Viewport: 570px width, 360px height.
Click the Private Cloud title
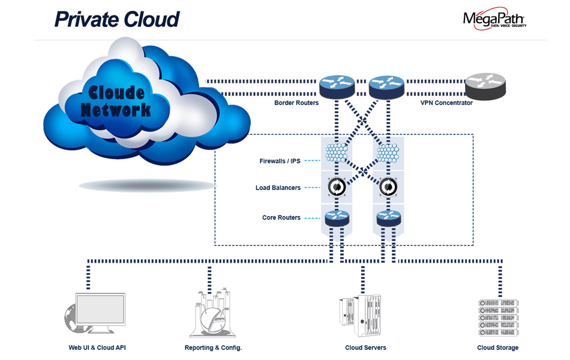(117, 19)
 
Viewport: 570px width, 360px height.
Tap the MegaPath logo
(494, 19)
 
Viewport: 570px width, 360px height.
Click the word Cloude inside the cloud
(116, 92)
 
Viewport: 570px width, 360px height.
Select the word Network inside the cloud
(116, 110)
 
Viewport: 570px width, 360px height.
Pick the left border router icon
(337, 86)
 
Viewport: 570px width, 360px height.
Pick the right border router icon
(386, 86)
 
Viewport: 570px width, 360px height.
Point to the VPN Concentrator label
(446, 103)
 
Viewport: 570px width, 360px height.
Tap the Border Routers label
(296, 103)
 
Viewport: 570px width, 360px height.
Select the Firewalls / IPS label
(280, 161)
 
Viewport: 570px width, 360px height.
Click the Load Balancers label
(278, 188)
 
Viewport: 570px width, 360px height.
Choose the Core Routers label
(281, 217)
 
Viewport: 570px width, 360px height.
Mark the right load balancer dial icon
(387, 187)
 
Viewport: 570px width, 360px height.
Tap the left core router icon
(337, 217)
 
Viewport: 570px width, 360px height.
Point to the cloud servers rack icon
(362, 315)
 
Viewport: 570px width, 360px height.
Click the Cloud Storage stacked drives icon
(497, 316)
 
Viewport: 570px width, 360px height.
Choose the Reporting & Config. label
(213, 347)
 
